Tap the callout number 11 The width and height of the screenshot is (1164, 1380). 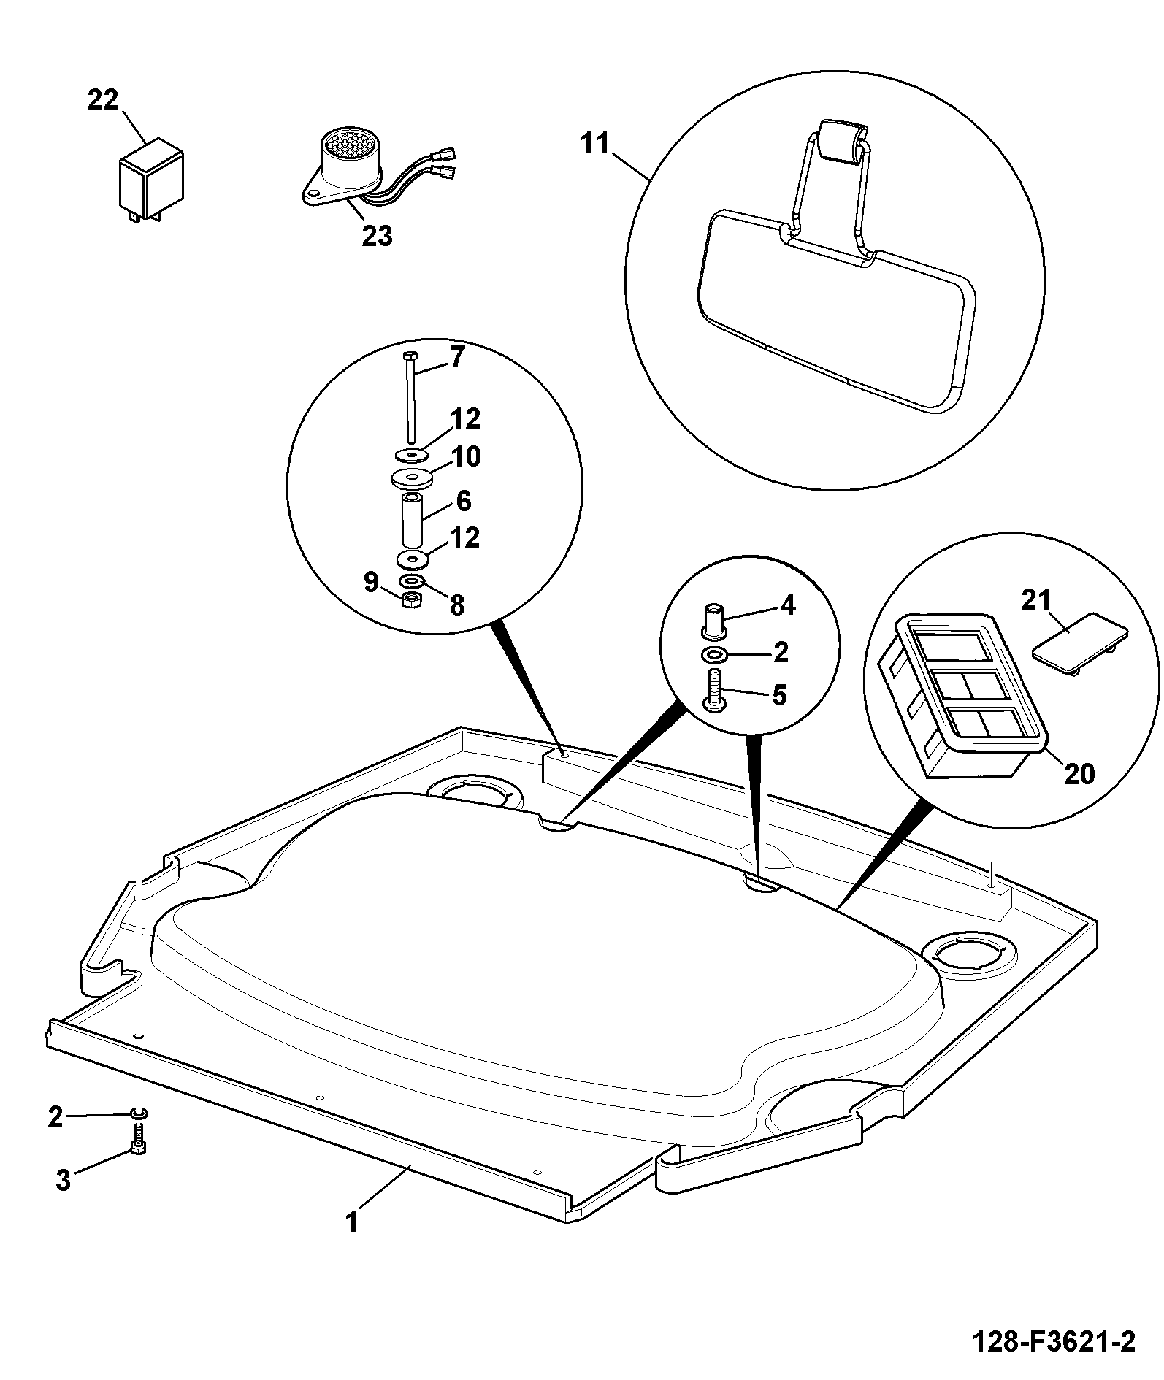(x=595, y=143)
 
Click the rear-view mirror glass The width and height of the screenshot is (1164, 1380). (x=835, y=310)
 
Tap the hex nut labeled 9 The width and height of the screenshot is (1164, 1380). (x=412, y=599)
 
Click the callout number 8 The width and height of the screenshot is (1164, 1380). (x=457, y=605)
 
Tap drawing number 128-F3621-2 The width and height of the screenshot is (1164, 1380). (x=1054, y=1342)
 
